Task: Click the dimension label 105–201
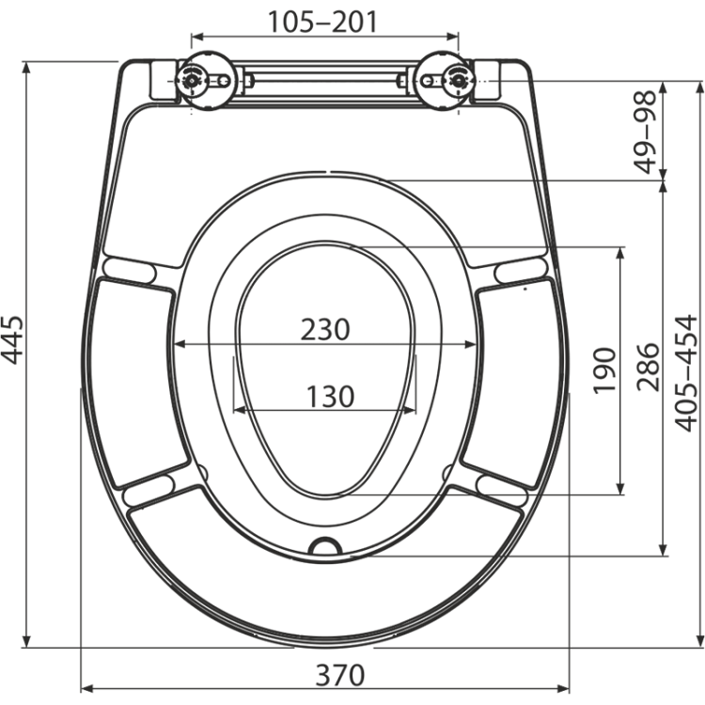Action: tap(322, 22)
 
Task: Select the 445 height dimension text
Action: tap(12, 340)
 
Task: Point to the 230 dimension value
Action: tap(325, 330)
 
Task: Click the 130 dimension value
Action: tap(331, 397)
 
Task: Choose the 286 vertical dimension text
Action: tap(648, 368)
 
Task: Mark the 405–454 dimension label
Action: tap(686, 373)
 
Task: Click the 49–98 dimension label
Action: tap(645, 133)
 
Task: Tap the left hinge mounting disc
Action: tap(205, 81)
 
